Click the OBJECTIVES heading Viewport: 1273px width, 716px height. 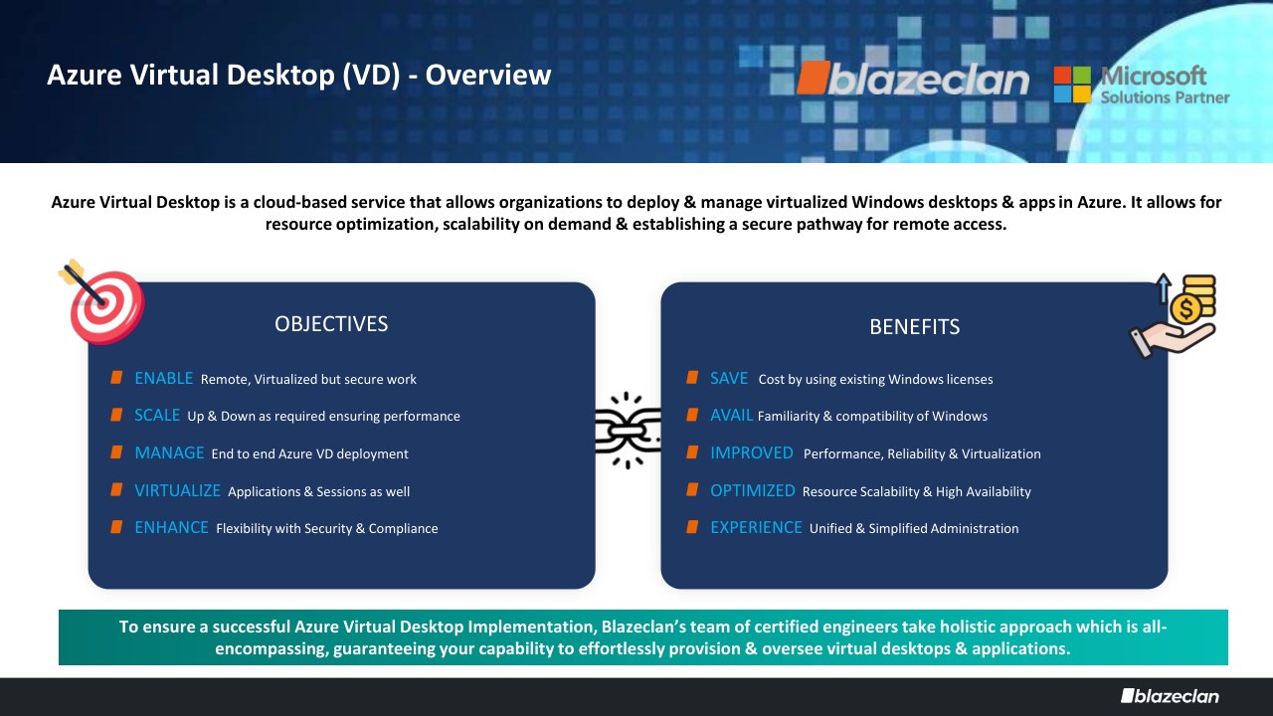[331, 324]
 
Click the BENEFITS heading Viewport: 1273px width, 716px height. [914, 327]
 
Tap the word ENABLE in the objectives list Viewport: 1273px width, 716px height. [164, 379]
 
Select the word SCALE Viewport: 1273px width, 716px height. [157, 416]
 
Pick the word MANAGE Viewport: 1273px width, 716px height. [169, 452]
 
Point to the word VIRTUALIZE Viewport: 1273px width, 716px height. [177, 490]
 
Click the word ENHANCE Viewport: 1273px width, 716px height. [172, 527]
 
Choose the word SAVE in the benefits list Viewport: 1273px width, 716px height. [729, 379]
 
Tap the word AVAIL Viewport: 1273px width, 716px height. [732, 416]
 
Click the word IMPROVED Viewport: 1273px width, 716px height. [752, 452]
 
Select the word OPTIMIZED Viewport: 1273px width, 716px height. [753, 490]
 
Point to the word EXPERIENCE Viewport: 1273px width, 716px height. [757, 527]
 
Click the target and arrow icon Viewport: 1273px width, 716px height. [102, 302]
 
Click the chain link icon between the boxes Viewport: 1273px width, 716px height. [628, 431]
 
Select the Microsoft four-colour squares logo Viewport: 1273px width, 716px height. [1072, 85]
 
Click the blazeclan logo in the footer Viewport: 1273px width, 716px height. [1171, 696]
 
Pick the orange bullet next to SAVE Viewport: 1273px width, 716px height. [692, 378]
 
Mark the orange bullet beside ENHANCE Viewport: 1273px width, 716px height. [116, 527]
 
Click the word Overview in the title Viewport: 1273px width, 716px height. [488, 75]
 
